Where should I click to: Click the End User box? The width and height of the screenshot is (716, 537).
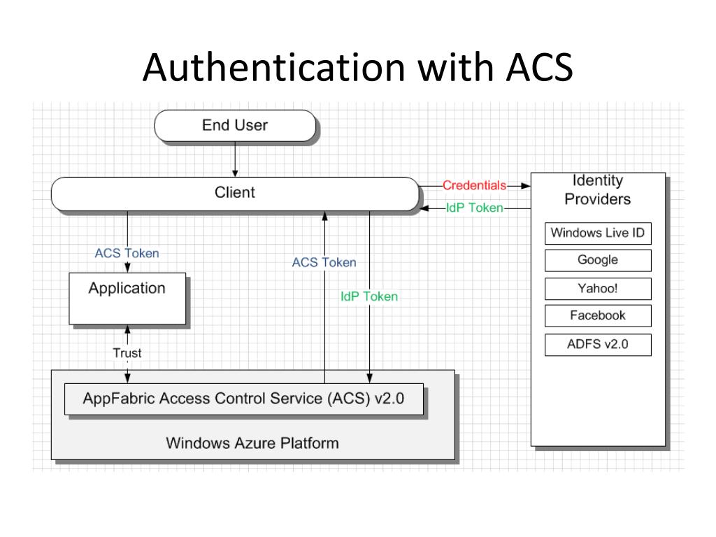[235, 126]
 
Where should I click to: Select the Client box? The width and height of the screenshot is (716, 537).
[235, 194]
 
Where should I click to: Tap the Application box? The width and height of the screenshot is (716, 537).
[127, 299]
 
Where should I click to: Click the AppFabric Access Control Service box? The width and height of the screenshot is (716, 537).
[244, 399]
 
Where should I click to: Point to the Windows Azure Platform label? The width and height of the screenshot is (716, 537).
[252, 443]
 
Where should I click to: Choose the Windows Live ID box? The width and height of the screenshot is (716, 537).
[598, 234]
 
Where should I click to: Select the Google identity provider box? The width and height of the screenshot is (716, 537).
[598, 260]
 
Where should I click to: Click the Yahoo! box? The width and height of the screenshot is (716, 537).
[598, 289]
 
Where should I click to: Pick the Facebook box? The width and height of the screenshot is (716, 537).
[598, 315]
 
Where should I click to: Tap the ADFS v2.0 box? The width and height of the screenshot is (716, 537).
[598, 344]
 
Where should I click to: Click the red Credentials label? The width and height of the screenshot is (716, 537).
[475, 185]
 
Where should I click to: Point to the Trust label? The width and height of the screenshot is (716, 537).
[127, 353]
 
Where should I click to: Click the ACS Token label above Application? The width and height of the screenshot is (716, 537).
[127, 253]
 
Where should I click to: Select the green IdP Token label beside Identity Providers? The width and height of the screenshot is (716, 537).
[475, 208]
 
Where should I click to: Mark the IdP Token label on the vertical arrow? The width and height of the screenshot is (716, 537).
[369, 296]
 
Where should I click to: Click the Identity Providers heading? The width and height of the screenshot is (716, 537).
[598, 190]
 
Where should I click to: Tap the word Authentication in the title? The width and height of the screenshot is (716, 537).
[274, 67]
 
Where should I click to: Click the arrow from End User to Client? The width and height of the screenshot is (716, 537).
[235, 159]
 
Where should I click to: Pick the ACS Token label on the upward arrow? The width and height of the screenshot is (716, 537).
[324, 263]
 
